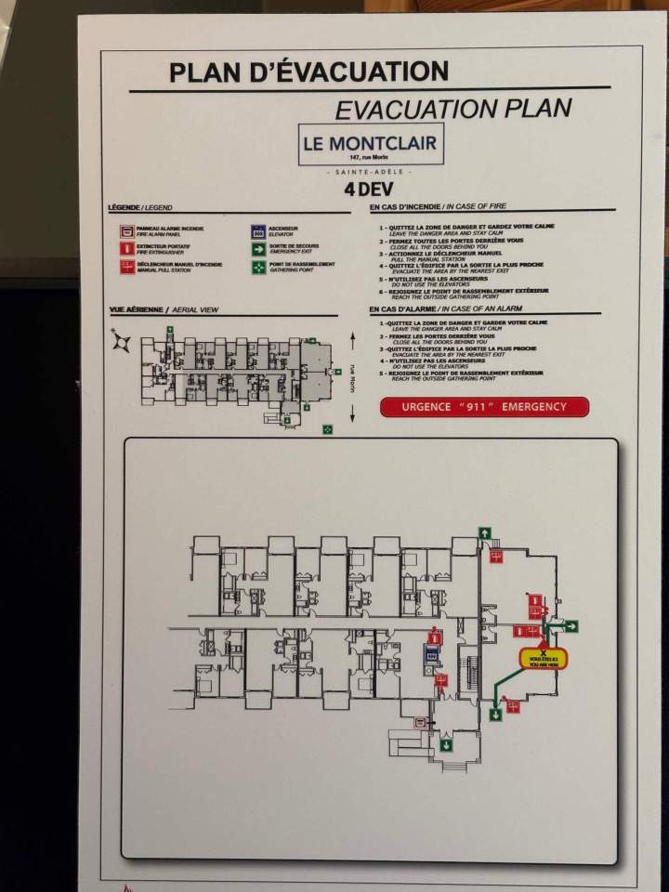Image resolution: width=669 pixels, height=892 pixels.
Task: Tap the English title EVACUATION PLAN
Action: click(453, 109)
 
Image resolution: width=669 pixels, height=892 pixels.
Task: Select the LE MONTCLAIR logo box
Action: click(372, 144)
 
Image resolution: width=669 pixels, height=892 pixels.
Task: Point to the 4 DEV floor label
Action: click(368, 190)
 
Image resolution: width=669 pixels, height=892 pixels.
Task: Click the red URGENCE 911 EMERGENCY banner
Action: click(484, 407)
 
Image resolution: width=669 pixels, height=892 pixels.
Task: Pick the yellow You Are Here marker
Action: click(543, 658)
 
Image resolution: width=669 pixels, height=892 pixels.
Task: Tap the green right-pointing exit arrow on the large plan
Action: click(571, 626)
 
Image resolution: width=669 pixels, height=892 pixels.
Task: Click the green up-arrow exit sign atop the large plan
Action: click(484, 532)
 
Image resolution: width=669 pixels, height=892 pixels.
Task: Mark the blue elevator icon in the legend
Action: click(257, 229)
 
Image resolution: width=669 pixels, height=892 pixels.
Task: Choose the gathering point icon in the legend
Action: click(257, 267)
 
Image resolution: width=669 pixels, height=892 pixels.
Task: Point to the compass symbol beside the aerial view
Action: click(122, 342)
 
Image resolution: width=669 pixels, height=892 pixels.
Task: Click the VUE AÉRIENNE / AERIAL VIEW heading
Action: click(164, 310)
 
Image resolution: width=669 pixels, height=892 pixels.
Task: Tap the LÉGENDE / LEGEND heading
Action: click(140, 207)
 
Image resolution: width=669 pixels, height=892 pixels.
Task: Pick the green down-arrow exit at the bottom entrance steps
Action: click(447, 743)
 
